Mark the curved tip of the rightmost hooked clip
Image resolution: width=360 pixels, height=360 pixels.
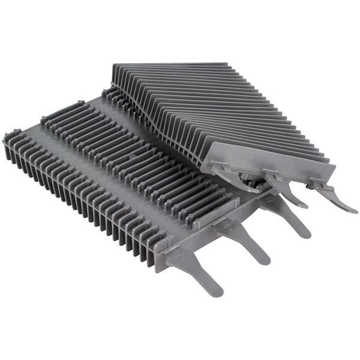(x=353, y=210)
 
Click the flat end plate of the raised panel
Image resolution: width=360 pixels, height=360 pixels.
(x=270, y=162)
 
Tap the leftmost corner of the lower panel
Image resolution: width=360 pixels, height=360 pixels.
(x=7, y=139)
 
